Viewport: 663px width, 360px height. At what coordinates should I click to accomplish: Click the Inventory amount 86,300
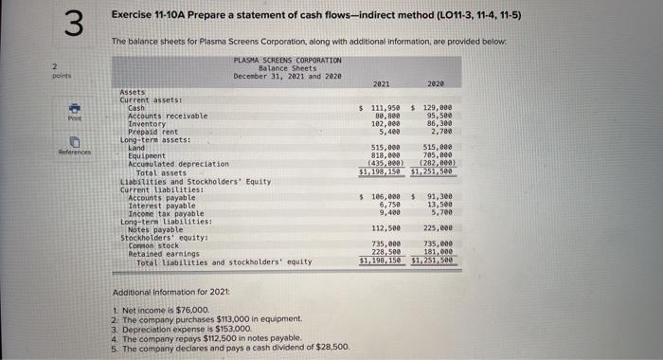[439, 124]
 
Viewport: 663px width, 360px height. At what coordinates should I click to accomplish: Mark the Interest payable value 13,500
[439, 204]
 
